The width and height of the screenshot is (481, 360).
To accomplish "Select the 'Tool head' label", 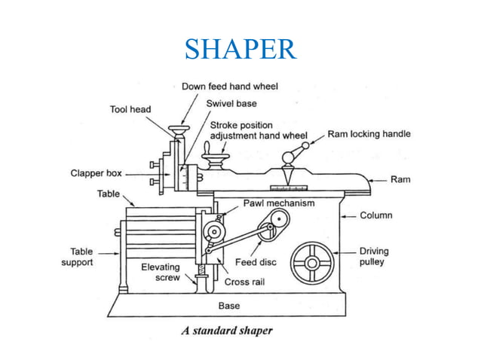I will pyautogui.click(x=130, y=110).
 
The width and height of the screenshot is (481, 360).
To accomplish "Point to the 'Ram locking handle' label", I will pyautogui.click(x=369, y=134).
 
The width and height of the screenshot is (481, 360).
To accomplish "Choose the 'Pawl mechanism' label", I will pyautogui.click(x=278, y=203).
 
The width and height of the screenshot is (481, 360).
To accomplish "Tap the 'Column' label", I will pyautogui.click(x=375, y=215).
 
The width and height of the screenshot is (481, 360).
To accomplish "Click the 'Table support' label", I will pyautogui.click(x=77, y=257).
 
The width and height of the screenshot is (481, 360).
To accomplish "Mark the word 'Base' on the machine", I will pyautogui.click(x=229, y=306).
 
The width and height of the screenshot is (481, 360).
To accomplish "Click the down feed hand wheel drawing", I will pyautogui.click(x=179, y=133).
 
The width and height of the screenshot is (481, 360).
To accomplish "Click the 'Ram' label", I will pyautogui.click(x=400, y=180).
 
